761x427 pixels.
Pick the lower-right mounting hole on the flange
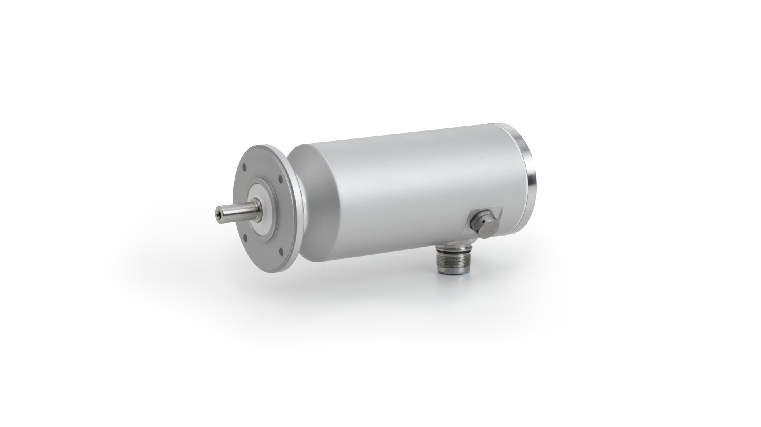281,252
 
